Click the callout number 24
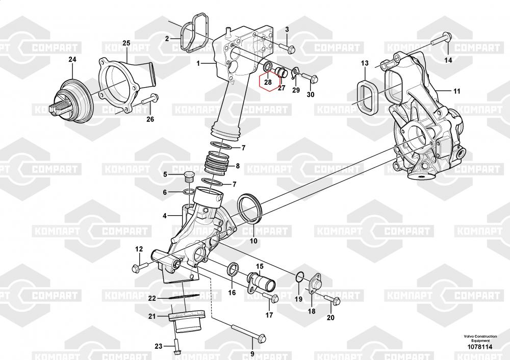pos(72,60)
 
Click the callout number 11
pos(456,91)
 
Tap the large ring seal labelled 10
pos(249,209)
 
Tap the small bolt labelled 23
pos(175,347)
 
